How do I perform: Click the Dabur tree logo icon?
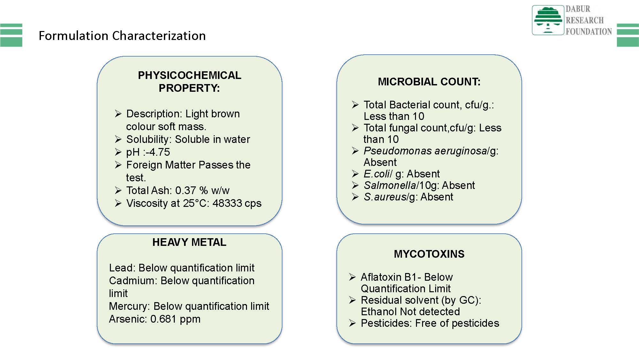[x=548, y=20]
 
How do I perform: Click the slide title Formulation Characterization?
[x=122, y=36]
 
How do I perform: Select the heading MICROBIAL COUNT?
[x=429, y=82]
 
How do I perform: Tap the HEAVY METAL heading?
[x=189, y=242]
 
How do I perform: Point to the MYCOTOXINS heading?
[x=429, y=254]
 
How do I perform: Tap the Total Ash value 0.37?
[x=186, y=191]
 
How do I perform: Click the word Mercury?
[x=129, y=306]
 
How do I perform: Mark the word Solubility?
[x=149, y=139]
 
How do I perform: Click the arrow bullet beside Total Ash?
[x=118, y=191]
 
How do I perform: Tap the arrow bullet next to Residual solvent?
[x=352, y=300]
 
